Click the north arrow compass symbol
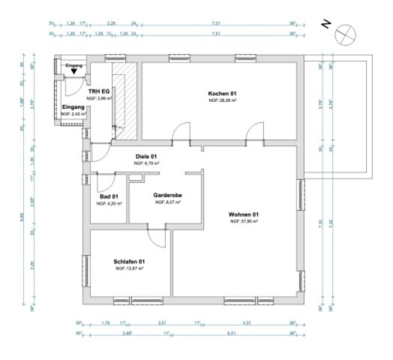click(x=346, y=32)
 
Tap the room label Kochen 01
click(x=223, y=93)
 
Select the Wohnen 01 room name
click(x=244, y=214)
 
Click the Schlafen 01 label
click(x=128, y=261)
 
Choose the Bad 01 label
click(x=108, y=196)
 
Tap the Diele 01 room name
click(x=146, y=155)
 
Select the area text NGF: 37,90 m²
click(x=244, y=222)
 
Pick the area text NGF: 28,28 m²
click(x=223, y=100)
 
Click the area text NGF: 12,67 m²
click(x=128, y=268)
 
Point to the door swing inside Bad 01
click(x=105, y=181)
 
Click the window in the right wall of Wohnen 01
click(x=301, y=202)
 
